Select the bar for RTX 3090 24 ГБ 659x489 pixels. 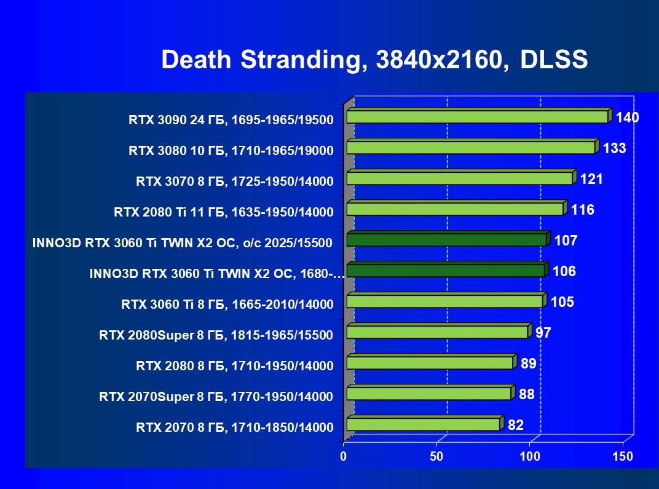coord(477,117)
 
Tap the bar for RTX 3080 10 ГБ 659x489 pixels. coord(470,148)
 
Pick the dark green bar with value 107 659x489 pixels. coord(446,240)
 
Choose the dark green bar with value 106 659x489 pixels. coord(445,271)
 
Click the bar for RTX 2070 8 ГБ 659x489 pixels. coord(423,424)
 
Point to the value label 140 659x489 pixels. coord(627,117)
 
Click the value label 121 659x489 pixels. coord(591,179)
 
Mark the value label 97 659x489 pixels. coord(543,333)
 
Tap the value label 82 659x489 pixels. coord(515,425)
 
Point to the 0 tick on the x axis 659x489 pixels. coord(344,456)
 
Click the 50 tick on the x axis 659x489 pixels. coord(436,456)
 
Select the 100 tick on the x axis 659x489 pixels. coord(530,456)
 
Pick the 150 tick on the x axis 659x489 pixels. coord(623,456)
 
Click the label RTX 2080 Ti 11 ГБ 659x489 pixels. coord(223,213)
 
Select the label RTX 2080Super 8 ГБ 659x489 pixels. coord(216,335)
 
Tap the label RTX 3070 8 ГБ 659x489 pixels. coord(234,181)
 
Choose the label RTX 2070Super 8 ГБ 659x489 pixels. coord(216,397)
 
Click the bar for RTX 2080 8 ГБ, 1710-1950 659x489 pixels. coord(430,363)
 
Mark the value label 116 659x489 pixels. coord(582,210)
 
